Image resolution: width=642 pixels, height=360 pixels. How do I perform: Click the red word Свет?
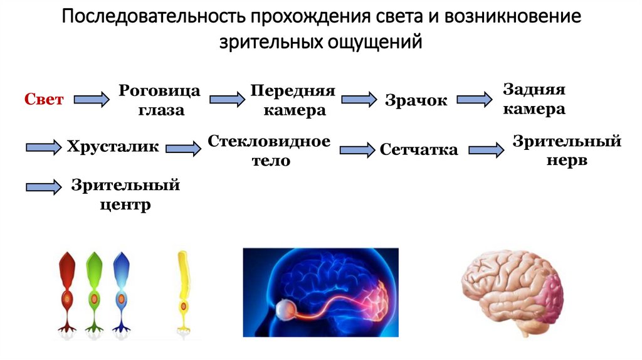tap(44, 99)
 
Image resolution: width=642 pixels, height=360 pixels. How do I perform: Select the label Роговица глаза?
tap(160, 100)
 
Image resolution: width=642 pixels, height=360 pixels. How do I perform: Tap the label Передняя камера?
tap(293, 100)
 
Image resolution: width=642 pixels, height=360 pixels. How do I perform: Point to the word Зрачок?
tap(416, 100)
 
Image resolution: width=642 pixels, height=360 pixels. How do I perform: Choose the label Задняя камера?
tap(534, 99)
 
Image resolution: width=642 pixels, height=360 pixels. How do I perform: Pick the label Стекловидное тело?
tap(270, 151)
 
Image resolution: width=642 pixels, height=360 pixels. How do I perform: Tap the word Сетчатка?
tap(419, 150)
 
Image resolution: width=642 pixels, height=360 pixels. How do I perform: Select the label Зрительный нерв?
tap(567, 151)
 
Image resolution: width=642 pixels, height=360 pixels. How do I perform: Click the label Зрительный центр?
tap(125, 194)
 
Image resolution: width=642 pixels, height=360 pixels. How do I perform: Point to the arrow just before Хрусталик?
tap(43, 147)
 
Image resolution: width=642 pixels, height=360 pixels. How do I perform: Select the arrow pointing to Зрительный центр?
tap(43, 186)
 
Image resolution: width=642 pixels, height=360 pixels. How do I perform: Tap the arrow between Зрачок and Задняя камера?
tap(474, 99)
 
